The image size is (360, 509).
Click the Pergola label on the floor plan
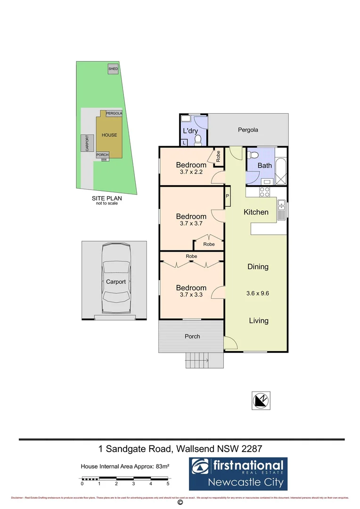point(248,130)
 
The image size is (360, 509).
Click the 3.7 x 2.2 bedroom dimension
point(191,172)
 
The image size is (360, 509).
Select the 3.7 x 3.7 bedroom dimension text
point(191,224)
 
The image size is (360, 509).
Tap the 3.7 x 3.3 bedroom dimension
point(191,296)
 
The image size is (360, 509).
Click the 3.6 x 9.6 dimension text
point(258,293)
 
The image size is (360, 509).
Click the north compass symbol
point(261,400)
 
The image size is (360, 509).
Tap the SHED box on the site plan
point(113,69)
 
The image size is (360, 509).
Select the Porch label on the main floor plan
point(192,337)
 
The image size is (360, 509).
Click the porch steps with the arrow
point(197,361)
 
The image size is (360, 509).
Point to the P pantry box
point(227,197)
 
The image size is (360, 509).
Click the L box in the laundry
point(183,142)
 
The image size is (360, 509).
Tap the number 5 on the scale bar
point(168,484)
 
